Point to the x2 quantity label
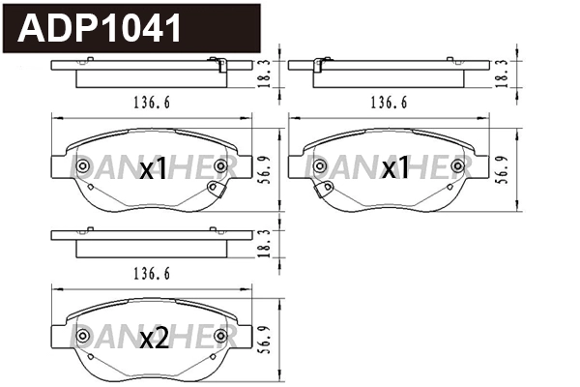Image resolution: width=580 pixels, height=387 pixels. coord(155,339)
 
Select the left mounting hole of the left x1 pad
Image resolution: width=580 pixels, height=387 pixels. coord(81,167)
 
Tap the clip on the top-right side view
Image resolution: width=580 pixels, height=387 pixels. coord(321,66)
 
